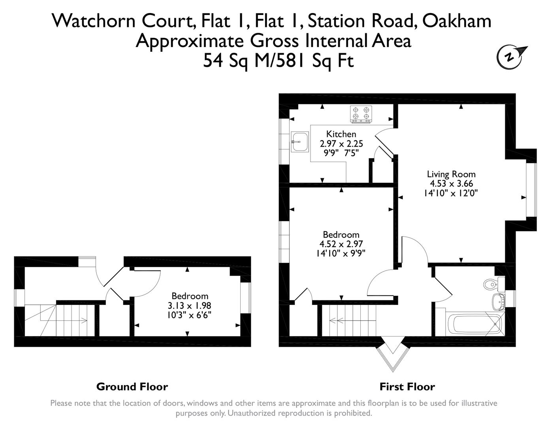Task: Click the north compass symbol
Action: [x=510, y=57]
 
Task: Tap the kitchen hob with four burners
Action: [x=361, y=114]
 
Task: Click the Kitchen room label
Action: [x=341, y=134]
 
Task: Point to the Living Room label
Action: [x=451, y=174]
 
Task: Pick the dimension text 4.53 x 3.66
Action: [x=451, y=183]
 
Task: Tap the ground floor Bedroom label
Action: [x=190, y=296]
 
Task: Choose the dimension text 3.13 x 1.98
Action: [x=190, y=306]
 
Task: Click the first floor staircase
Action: [x=348, y=320]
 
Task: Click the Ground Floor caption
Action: [x=132, y=387]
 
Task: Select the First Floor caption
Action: [x=407, y=387]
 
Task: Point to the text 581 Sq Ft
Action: [x=316, y=61]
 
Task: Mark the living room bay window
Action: [x=531, y=189]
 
